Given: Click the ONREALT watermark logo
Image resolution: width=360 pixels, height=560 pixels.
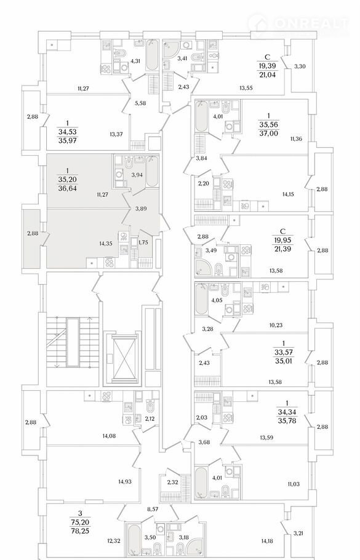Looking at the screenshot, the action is tap(298, 24).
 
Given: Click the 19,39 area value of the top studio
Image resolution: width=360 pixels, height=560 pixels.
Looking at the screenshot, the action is tap(268, 66).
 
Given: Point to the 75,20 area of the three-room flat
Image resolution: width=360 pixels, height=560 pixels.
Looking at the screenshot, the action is tap(81, 522).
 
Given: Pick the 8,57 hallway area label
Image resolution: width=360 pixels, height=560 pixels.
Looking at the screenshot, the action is tap(152, 510).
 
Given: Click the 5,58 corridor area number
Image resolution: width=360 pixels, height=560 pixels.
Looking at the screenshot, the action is tap(140, 103).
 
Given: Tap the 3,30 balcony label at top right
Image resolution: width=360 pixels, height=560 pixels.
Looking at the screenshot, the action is tap(300, 66).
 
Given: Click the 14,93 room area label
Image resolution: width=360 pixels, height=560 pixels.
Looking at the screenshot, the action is tap(125, 481).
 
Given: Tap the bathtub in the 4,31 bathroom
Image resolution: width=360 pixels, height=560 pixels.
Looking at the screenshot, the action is tap(152, 56).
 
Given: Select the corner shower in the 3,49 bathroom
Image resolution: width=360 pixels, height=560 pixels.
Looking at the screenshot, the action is tap(204, 267).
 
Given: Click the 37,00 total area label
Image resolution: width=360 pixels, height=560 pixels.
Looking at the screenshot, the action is tap(270, 134).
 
